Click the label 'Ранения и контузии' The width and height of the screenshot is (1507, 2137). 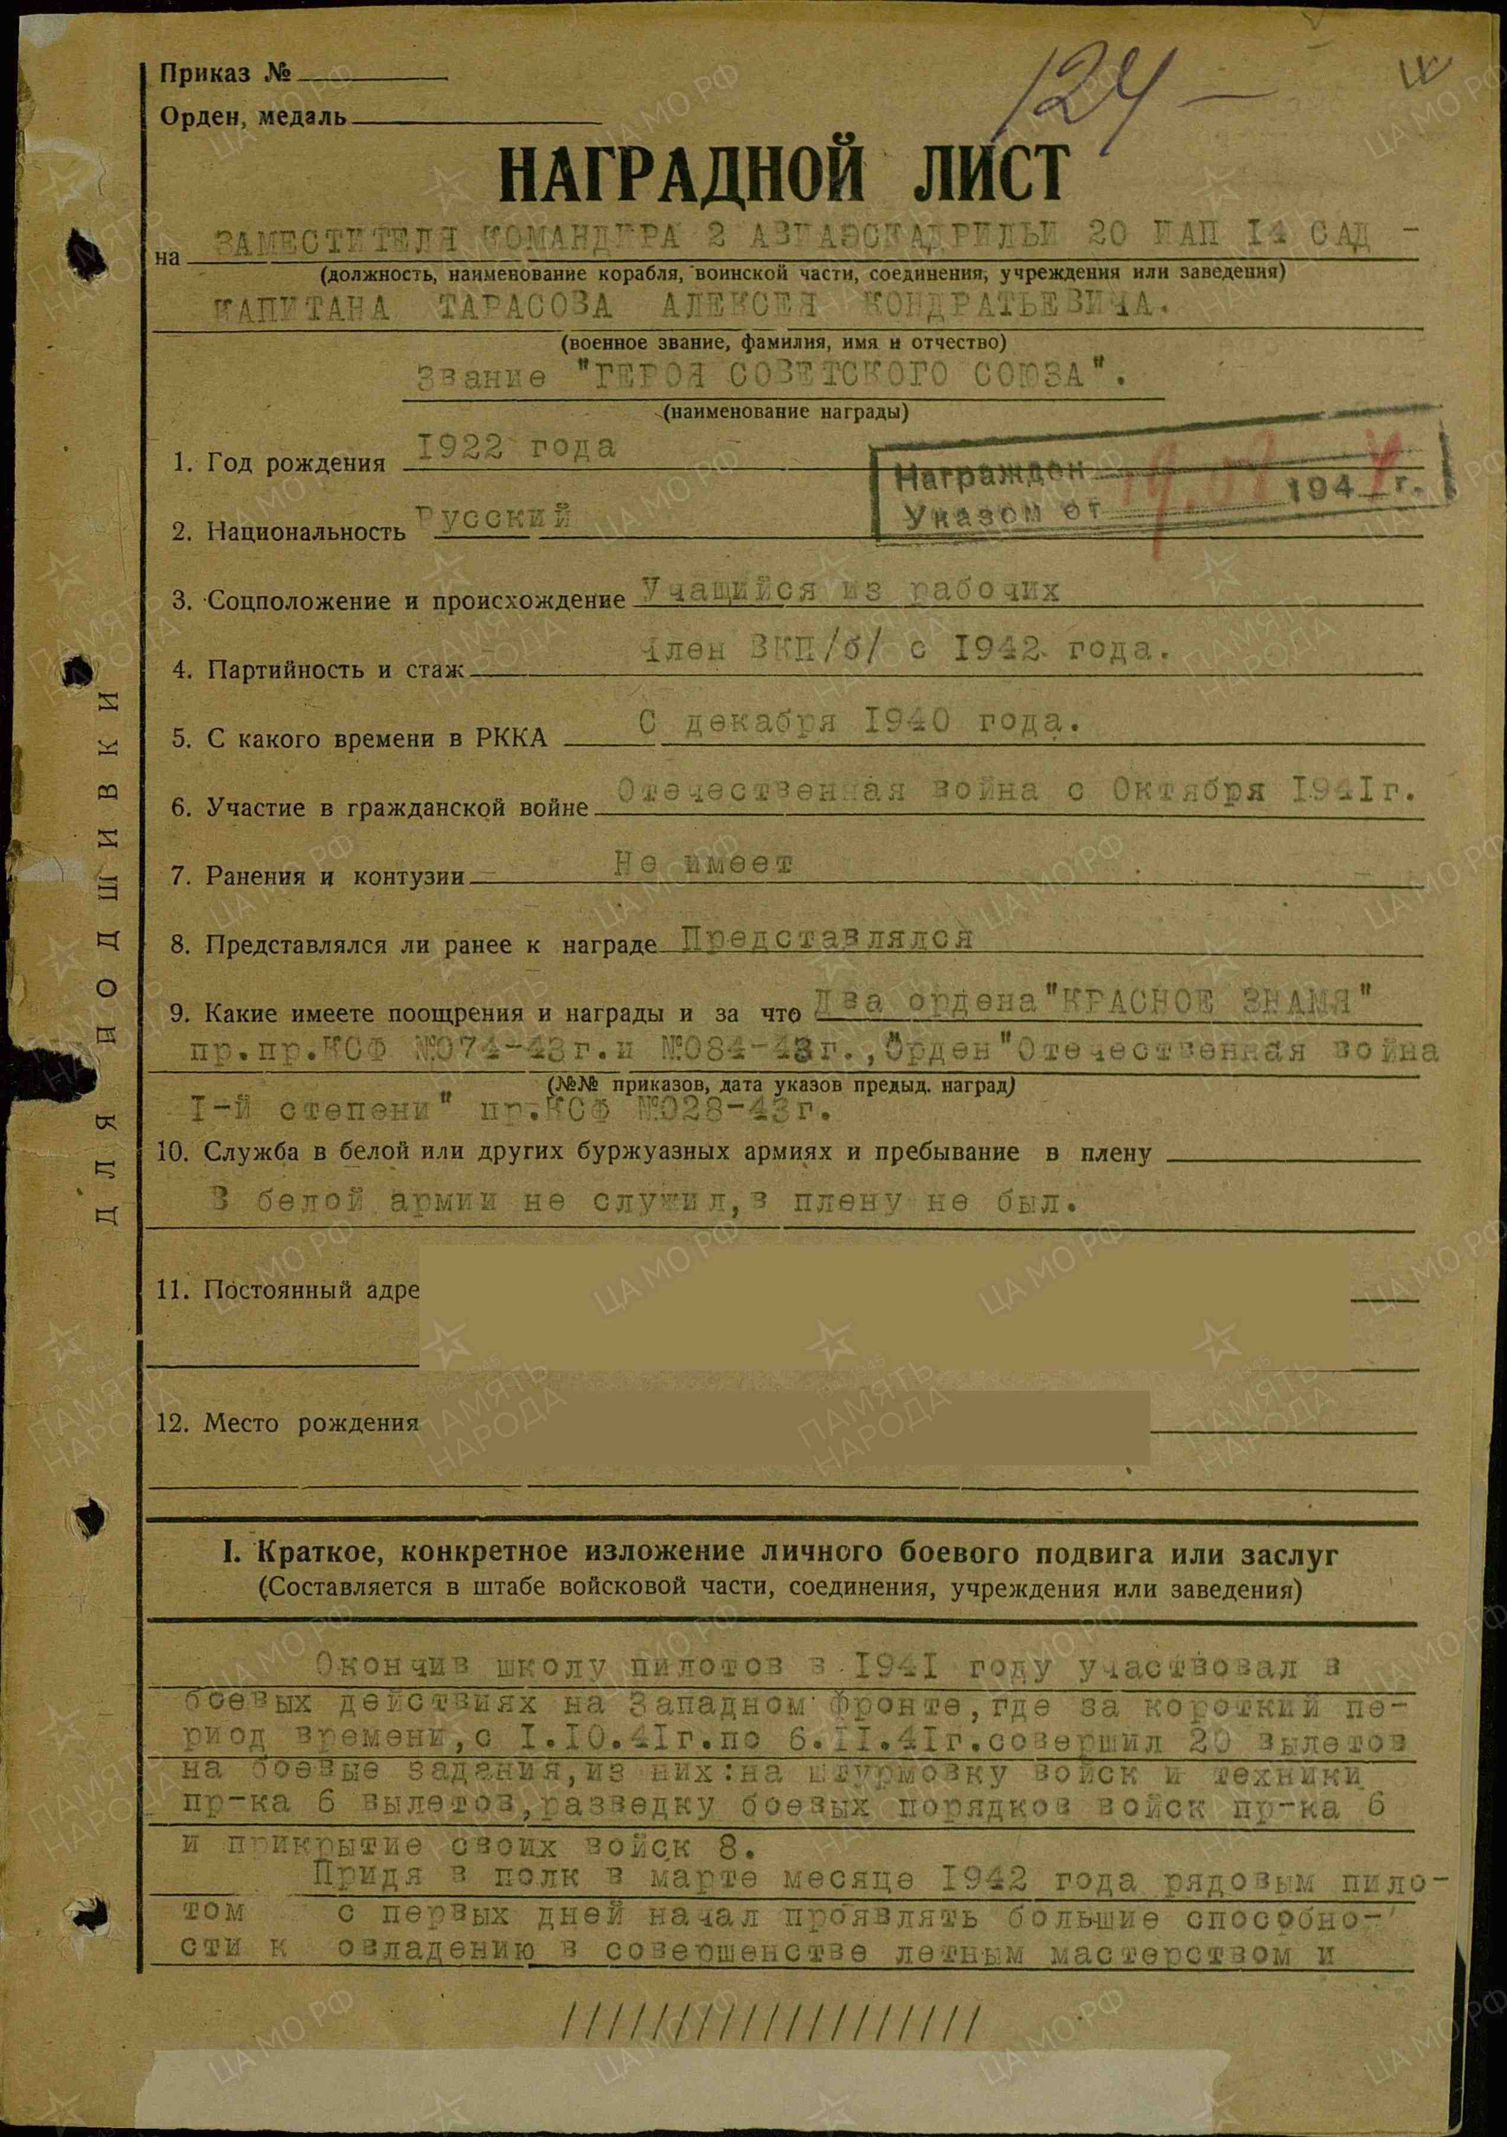click(x=335, y=877)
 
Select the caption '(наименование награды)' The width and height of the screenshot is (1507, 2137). click(x=787, y=412)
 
